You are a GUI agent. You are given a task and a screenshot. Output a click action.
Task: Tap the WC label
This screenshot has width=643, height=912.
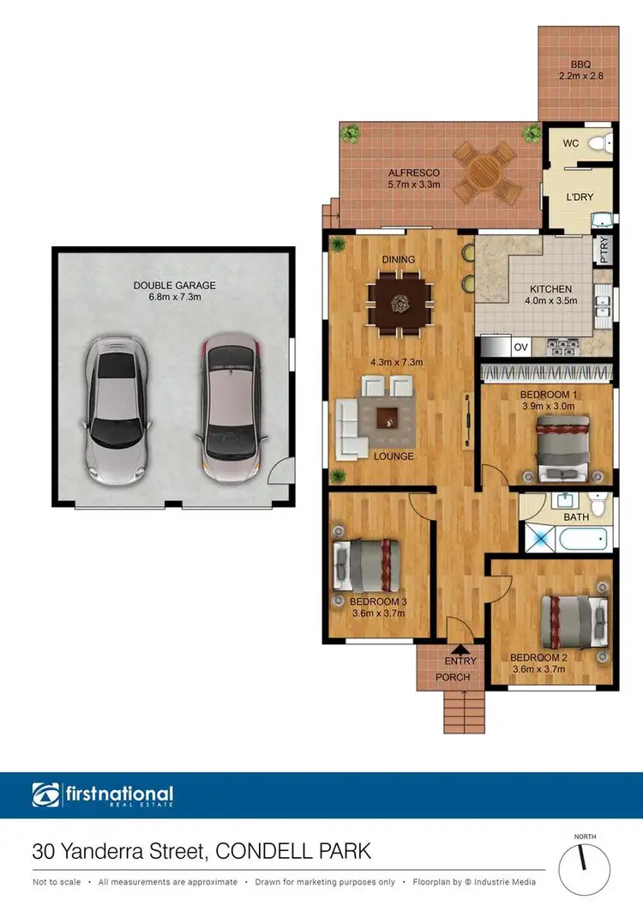[570, 144]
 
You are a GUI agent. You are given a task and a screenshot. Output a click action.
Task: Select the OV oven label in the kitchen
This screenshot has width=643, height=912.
[520, 347]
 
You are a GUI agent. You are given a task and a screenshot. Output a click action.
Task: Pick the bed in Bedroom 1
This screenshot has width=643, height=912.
[562, 446]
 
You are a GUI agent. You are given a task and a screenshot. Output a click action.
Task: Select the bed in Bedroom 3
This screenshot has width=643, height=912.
[367, 566]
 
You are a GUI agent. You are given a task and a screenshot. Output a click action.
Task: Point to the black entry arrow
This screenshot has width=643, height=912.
[459, 649]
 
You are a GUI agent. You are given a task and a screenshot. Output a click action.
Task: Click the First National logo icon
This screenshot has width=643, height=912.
[46, 795]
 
